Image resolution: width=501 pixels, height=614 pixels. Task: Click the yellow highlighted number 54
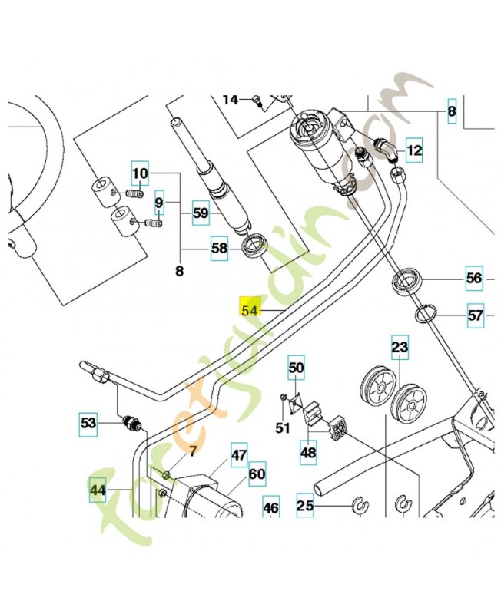[250, 309]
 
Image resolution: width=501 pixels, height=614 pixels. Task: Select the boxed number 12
[414, 150]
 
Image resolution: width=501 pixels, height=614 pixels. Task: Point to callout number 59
[201, 213]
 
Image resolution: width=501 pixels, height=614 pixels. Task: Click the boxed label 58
[220, 248]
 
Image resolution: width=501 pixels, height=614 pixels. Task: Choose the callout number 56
[474, 279]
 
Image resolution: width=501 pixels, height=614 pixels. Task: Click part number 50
[297, 369]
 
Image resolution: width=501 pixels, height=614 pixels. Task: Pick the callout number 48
[308, 453]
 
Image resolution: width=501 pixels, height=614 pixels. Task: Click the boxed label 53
[89, 421]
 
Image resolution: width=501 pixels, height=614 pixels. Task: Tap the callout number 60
[256, 474]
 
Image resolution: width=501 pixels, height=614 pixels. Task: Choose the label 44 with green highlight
[98, 489]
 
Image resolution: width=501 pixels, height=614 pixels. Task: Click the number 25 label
[306, 505]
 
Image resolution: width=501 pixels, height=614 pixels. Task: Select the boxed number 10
[140, 174]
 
